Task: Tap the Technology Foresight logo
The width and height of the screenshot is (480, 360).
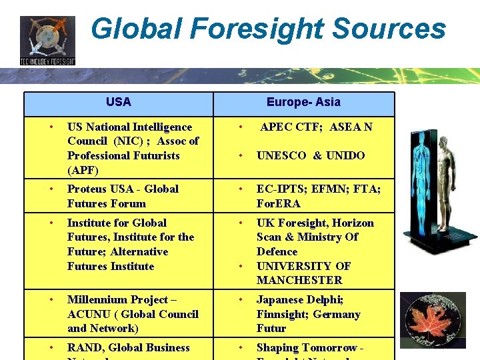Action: tap(47, 40)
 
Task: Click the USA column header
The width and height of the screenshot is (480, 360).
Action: tap(118, 102)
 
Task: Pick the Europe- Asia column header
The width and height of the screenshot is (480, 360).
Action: tap(303, 102)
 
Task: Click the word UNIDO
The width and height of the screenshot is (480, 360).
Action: tap(345, 155)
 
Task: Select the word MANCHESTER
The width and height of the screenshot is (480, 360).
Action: tap(299, 280)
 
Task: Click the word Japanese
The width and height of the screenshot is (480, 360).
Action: tap(281, 299)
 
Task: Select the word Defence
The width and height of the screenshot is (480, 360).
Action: tap(277, 251)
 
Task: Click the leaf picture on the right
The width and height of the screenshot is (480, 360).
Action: tap(433, 320)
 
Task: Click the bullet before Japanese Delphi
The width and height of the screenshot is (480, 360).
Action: tap(241, 299)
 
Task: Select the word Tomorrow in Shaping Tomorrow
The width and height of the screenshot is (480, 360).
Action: tap(330, 347)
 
